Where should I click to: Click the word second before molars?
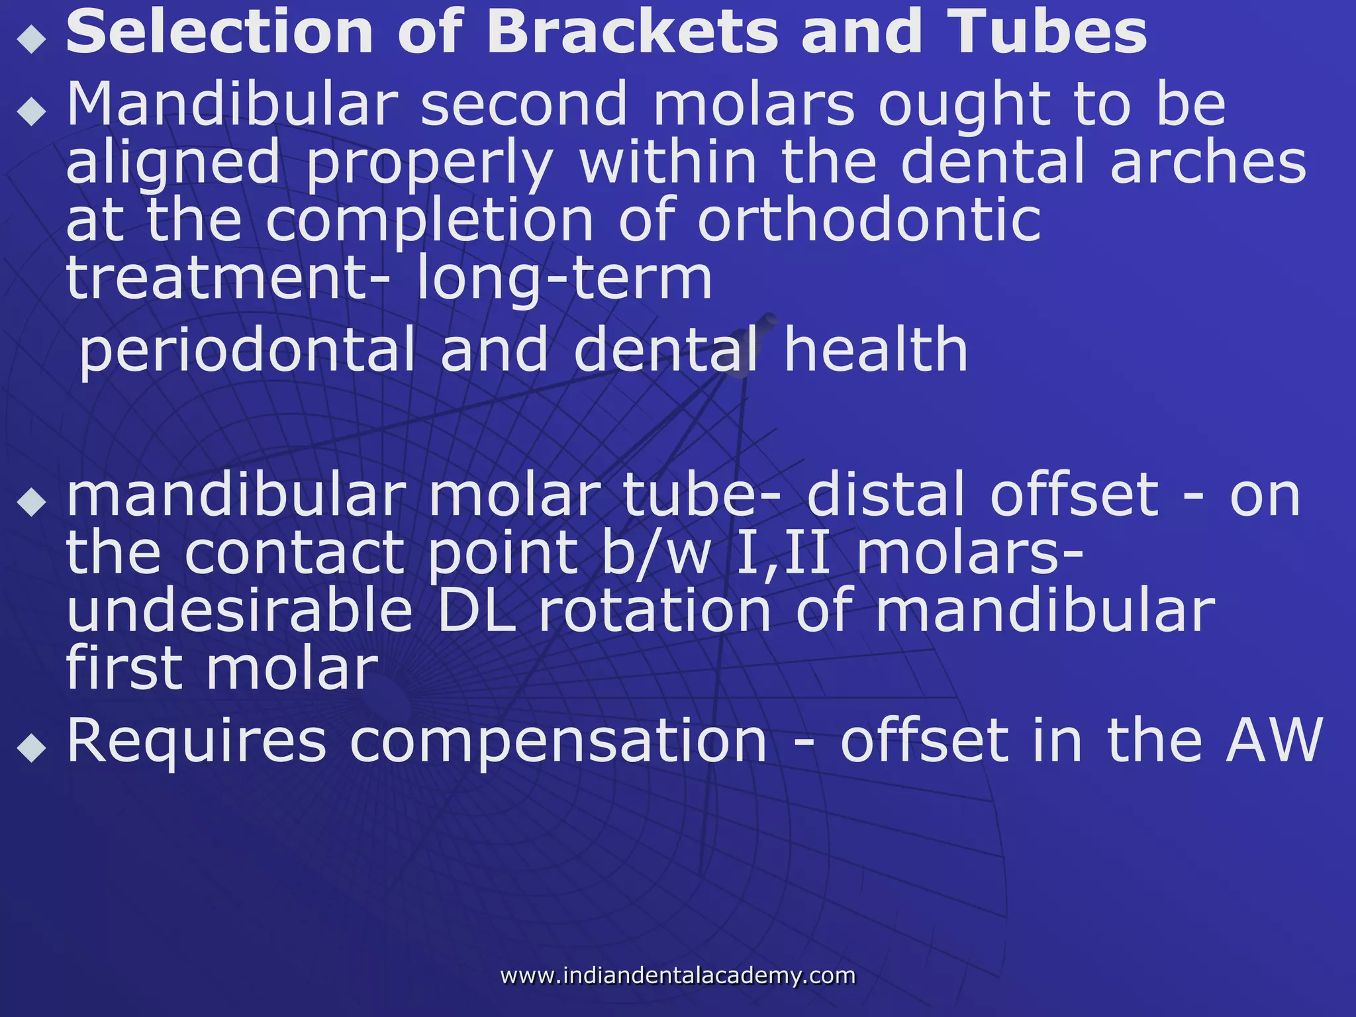[x=524, y=104]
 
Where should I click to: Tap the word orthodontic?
[x=869, y=220]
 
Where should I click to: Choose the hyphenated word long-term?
[x=563, y=278]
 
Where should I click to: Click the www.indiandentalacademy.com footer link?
[x=677, y=975]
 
